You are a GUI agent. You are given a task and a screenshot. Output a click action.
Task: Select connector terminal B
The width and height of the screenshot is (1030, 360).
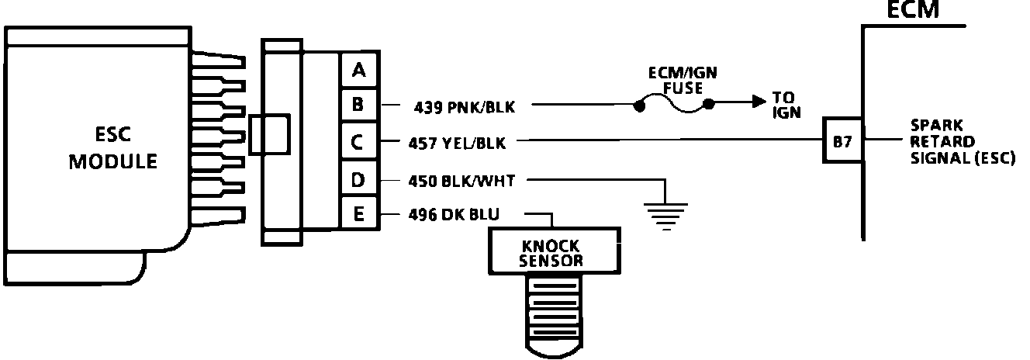[358, 104]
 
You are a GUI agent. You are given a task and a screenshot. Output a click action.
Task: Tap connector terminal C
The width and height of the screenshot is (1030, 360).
[358, 142]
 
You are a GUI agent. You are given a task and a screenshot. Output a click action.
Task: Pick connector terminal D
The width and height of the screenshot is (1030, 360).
[358, 181]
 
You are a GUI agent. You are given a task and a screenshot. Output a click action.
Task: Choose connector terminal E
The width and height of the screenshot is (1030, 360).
[358, 213]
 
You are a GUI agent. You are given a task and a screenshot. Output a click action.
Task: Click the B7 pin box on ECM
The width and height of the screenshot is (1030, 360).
[842, 141]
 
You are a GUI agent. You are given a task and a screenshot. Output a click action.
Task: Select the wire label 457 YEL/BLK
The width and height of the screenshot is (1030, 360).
[458, 142]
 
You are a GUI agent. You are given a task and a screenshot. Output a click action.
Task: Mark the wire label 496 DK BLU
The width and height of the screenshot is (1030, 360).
[455, 214]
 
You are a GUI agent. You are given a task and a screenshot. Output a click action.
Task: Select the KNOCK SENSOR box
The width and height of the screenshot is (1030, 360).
[552, 251]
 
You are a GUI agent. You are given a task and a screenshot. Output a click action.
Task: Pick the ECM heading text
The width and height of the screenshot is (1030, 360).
[913, 9]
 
